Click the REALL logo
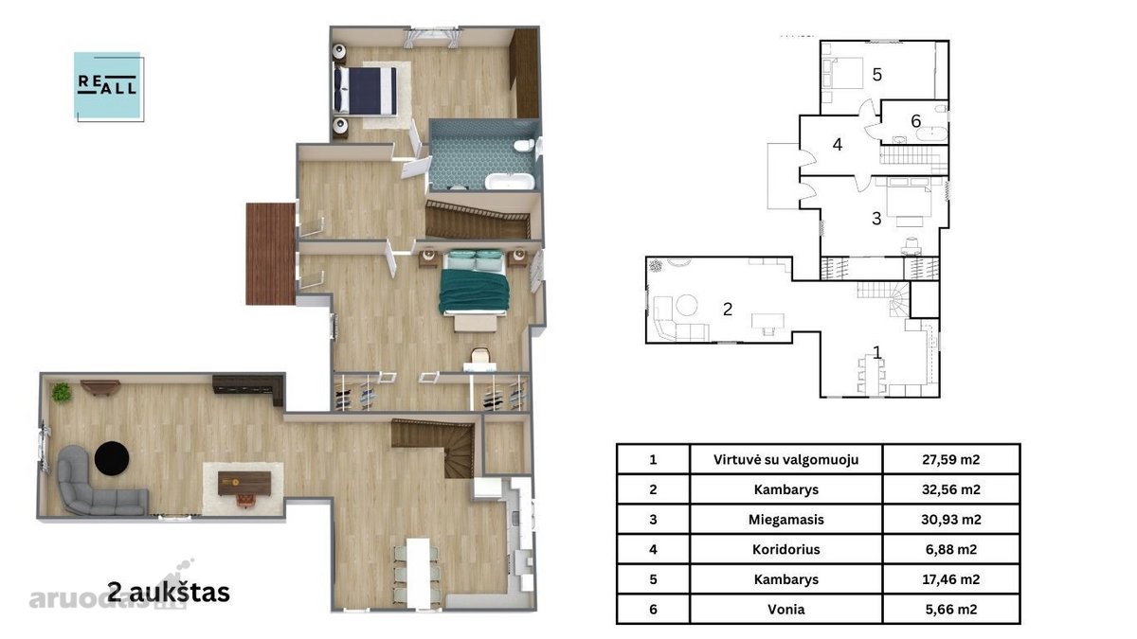(109, 86)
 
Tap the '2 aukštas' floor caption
(169, 592)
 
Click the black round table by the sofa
(112, 458)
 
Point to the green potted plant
(62, 392)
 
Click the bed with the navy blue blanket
(365, 90)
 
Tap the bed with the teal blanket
(474, 284)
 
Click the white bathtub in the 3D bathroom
(509, 182)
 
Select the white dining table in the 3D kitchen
(419, 572)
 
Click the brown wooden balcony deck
(271, 254)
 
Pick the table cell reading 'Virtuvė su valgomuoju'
(785, 459)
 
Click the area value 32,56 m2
(950, 489)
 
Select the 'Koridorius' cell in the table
(785, 549)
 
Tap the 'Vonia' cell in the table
(785, 609)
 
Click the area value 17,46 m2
(950, 579)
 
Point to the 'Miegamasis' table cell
(785, 520)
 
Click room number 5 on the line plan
(876, 75)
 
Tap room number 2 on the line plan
(728, 309)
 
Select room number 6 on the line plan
(915, 121)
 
